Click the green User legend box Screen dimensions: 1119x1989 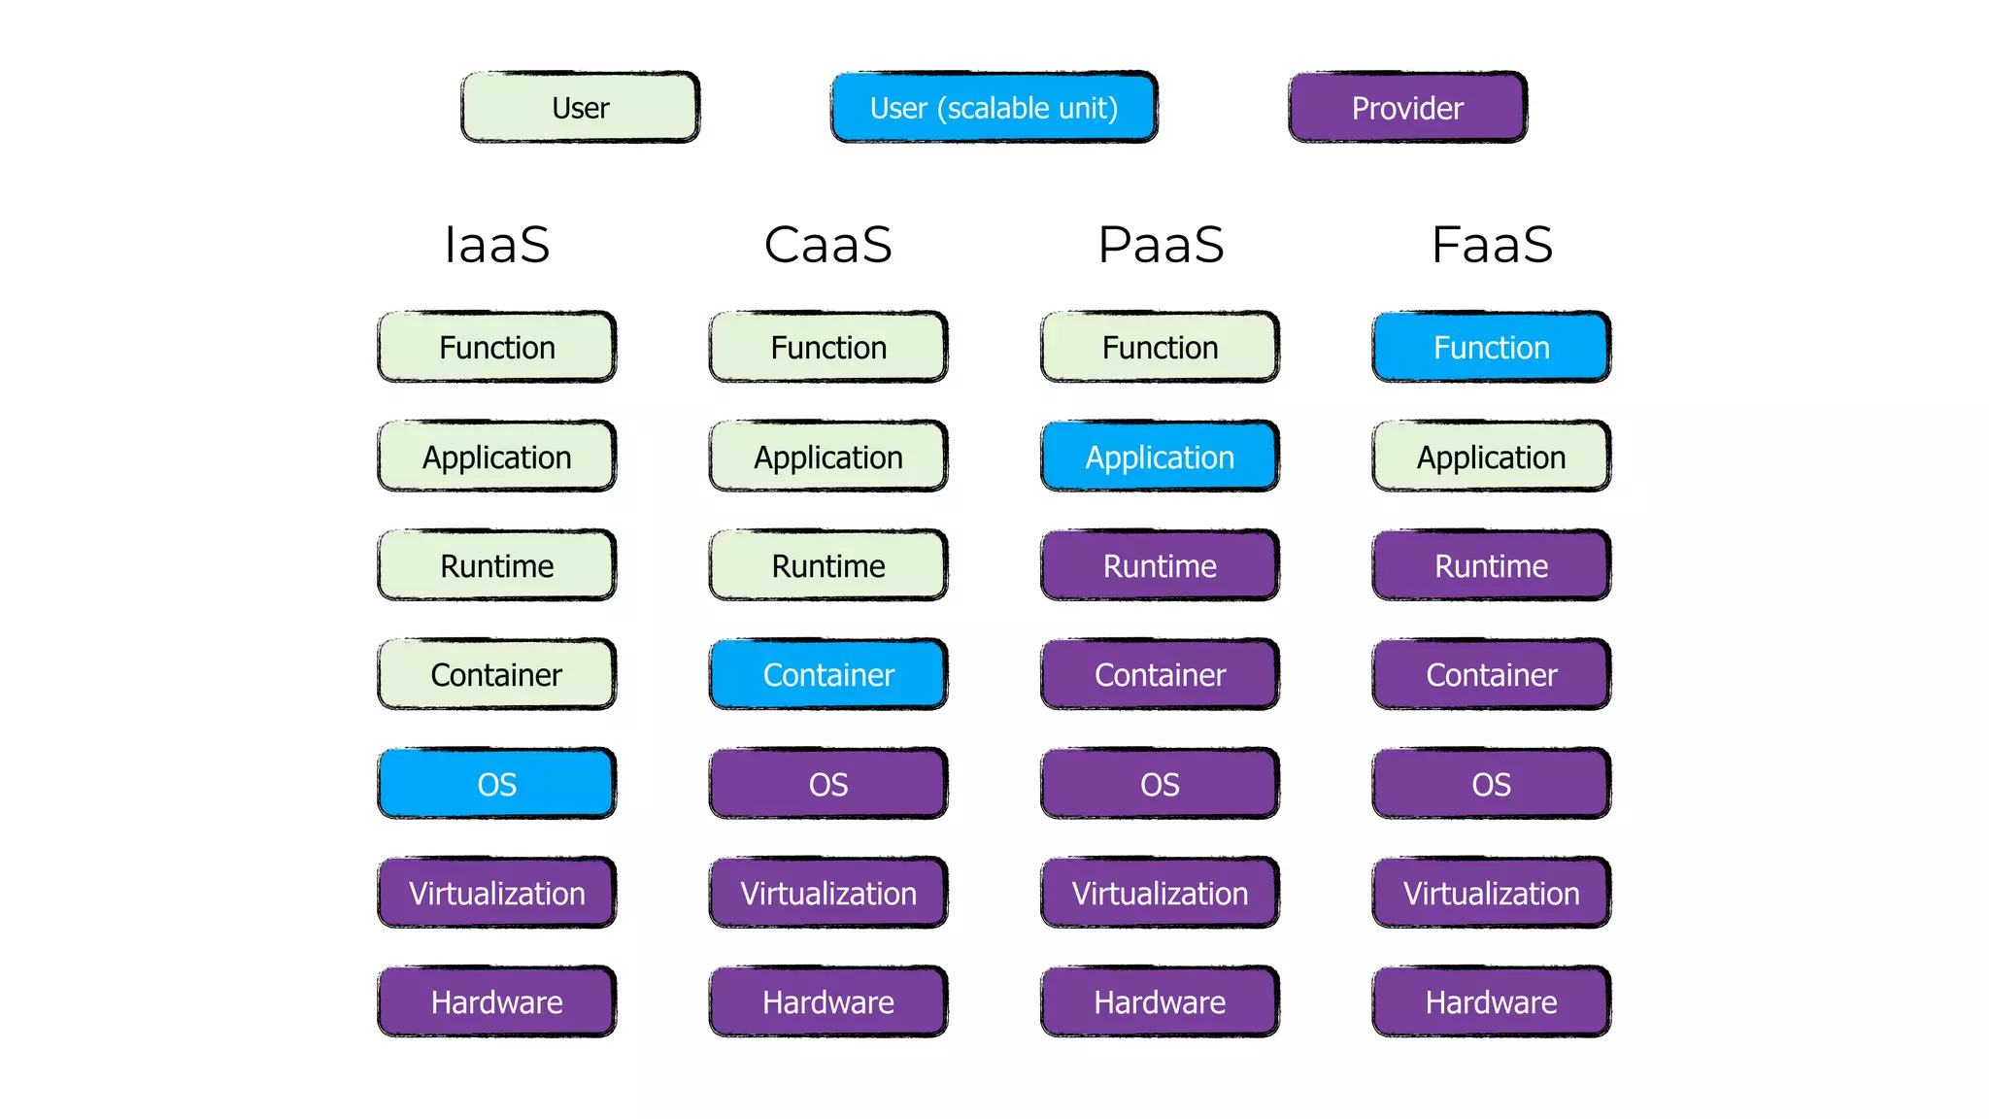point(580,107)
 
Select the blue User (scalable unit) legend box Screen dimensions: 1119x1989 point(994,107)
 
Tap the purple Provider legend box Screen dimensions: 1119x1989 point(1407,107)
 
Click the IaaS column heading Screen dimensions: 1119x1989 point(496,244)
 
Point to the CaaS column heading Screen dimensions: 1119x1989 point(828,244)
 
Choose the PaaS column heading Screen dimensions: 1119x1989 point(1161,244)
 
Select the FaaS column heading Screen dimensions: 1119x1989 point(1492,244)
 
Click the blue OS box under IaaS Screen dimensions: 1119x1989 point(496,783)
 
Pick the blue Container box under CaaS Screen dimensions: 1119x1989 point(828,674)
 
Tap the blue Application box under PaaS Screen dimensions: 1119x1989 point(1160,457)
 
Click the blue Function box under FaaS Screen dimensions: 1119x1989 point(1492,347)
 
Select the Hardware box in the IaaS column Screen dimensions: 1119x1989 point(496,1001)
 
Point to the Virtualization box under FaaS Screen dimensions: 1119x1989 point(1492,893)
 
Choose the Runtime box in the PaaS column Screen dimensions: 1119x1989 point(1160,565)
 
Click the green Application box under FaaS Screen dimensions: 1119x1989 point(1492,457)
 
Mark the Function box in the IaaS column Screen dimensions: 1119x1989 point(496,347)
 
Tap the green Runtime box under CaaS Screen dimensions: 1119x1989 point(828,565)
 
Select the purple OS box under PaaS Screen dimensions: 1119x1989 point(1160,783)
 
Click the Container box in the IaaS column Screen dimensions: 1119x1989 point(496,674)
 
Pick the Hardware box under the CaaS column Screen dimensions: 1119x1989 point(828,1001)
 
